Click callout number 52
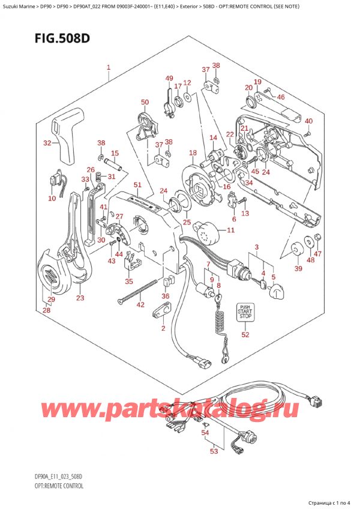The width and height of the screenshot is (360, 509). click(x=245, y=334)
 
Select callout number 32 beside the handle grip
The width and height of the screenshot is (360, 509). click(x=47, y=143)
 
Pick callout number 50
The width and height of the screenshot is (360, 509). click(x=145, y=102)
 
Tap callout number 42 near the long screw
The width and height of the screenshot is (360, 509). click(x=140, y=305)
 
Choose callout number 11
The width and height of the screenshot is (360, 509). click(x=231, y=230)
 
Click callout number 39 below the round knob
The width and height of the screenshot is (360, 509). click(x=298, y=269)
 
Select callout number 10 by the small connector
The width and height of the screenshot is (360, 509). click(x=52, y=198)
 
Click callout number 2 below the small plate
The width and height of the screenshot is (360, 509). click(x=162, y=328)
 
